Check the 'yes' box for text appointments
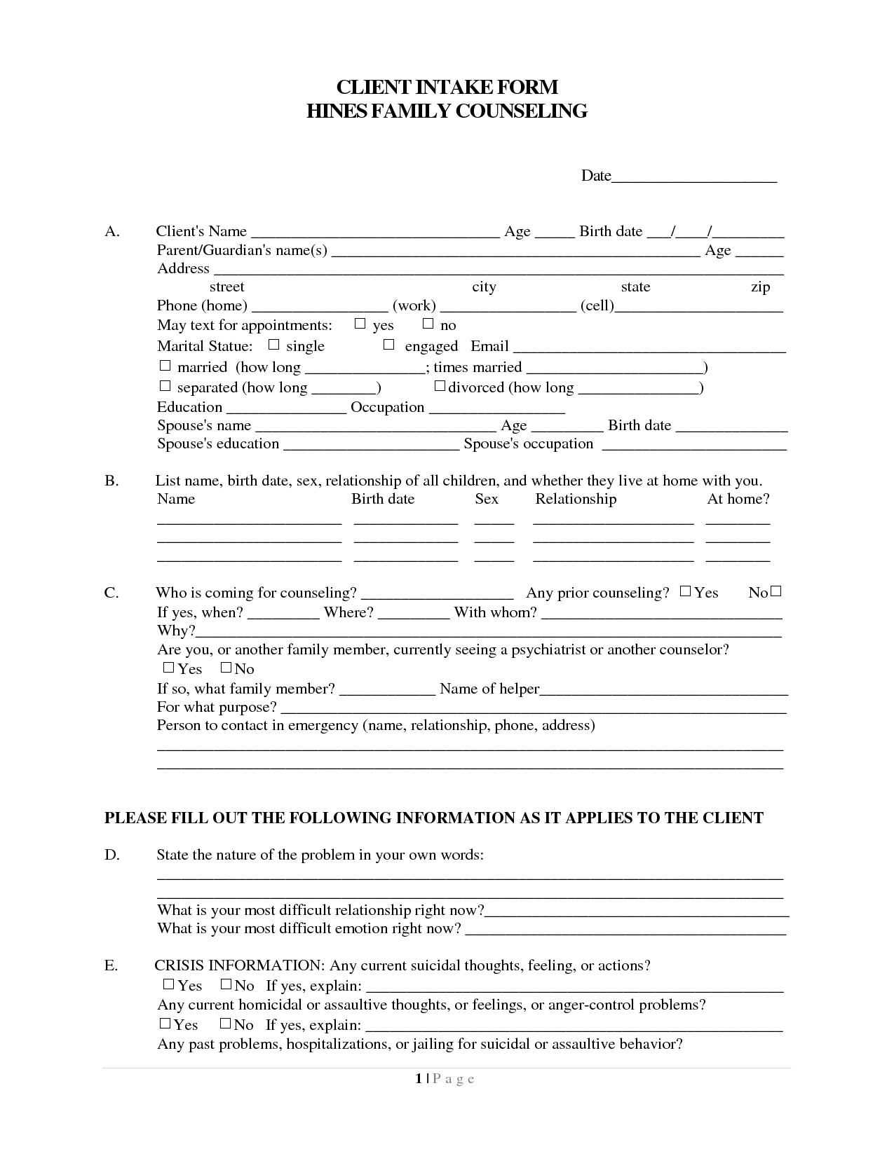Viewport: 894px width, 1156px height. pyautogui.click(x=360, y=324)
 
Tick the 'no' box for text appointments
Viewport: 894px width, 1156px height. pyautogui.click(x=428, y=324)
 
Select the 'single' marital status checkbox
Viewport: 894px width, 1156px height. pyautogui.click(x=274, y=345)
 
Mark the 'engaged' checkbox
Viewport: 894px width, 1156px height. pyautogui.click(x=389, y=345)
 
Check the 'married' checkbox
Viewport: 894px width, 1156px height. pyautogui.click(x=165, y=366)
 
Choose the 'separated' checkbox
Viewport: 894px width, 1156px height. pyautogui.click(x=165, y=386)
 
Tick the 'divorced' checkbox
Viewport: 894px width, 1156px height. pyautogui.click(x=440, y=386)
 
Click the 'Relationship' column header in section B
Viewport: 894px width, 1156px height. pyautogui.click(x=576, y=499)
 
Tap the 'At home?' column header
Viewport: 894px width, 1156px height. pyautogui.click(x=738, y=499)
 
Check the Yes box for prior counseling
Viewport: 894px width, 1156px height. pyautogui.click(x=685, y=591)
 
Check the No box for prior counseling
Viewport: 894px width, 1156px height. pyautogui.click(x=776, y=591)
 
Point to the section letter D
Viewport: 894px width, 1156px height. pyautogui.click(x=112, y=855)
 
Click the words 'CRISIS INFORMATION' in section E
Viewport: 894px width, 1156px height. pyautogui.click(x=239, y=965)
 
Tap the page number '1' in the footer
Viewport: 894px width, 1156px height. pyautogui.click(x=418, y=1079)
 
